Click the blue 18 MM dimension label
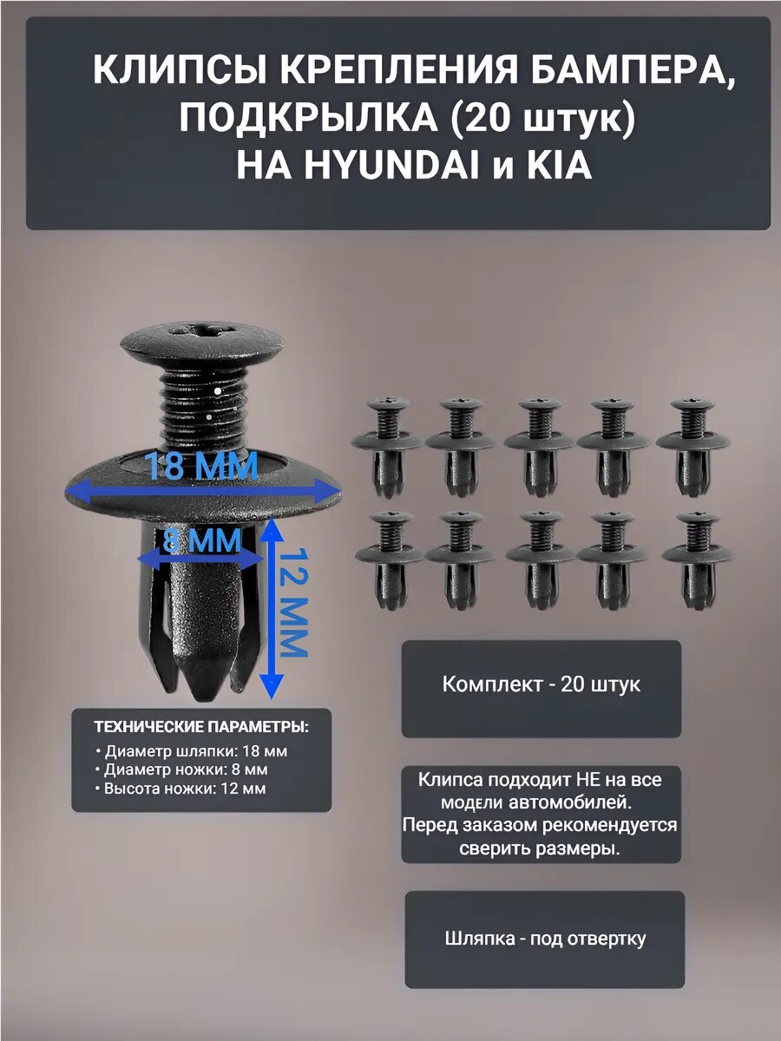tap(202, 467)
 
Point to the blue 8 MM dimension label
tap(200, 541)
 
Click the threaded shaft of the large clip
tap(205, 403)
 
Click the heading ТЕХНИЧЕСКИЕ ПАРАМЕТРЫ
tap(200, 726)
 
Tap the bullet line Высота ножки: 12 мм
tap(185, 789)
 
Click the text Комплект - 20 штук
tap(541, 684)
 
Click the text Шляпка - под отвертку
tap(545, 939)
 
